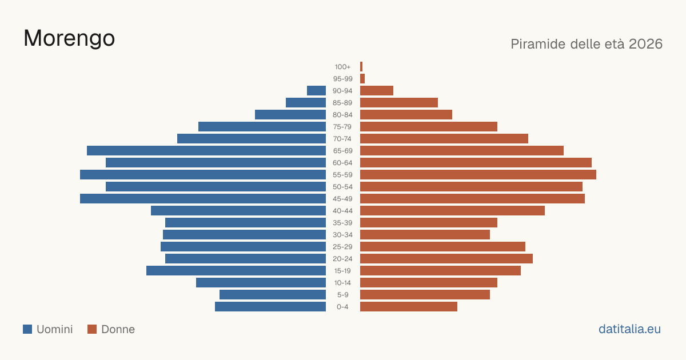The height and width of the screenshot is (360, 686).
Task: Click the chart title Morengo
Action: (69, 38)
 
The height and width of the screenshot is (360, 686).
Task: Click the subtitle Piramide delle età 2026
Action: (587, 44)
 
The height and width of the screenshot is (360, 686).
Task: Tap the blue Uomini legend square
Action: (27, 329)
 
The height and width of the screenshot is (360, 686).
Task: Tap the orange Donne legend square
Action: (92, 329)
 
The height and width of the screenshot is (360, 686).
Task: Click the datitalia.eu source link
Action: (629, 329)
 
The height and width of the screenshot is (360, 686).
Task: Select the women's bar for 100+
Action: (361, 67)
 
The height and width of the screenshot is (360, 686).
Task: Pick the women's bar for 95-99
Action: (362, 79)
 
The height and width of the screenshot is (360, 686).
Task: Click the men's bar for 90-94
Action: (316, 91)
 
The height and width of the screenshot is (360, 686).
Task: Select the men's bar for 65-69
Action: (206, 151)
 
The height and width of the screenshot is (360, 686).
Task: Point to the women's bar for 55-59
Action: (478, 175)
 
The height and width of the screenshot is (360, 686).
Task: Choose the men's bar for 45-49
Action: (203, 199)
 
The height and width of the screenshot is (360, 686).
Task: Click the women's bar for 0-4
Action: (409, 307)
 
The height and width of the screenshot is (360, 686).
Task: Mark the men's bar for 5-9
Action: (273, 295)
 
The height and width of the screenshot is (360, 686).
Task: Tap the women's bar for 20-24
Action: (446, 259)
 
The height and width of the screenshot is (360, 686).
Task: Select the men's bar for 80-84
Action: (290, 115)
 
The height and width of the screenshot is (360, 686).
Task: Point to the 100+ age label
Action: (342, 67)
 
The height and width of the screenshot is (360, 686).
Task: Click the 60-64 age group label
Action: (342, 163)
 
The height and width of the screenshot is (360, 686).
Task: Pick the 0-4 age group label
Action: (342, 307)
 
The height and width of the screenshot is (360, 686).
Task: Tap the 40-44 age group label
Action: (342, 211)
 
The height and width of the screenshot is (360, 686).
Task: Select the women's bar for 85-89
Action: (399, 102)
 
